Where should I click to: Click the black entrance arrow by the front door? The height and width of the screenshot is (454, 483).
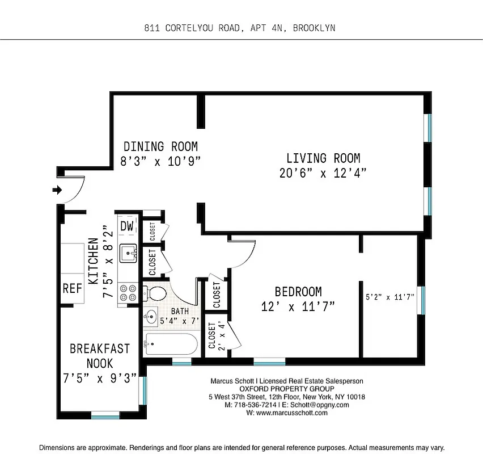57,190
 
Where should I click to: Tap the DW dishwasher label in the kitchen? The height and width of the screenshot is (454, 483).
126,226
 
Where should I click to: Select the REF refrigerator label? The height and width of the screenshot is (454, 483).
73,288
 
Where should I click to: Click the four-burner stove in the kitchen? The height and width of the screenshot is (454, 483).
128,292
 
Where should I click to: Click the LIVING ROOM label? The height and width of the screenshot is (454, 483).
323,158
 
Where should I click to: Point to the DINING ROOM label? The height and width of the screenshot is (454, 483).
160,146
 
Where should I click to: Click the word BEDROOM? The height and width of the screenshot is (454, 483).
298,292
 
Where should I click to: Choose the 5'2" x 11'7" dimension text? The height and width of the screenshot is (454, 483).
389,296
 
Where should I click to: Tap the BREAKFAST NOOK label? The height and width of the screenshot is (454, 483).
100,356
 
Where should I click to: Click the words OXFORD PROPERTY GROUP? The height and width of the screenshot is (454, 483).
286,389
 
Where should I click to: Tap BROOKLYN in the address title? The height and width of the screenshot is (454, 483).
314,27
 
